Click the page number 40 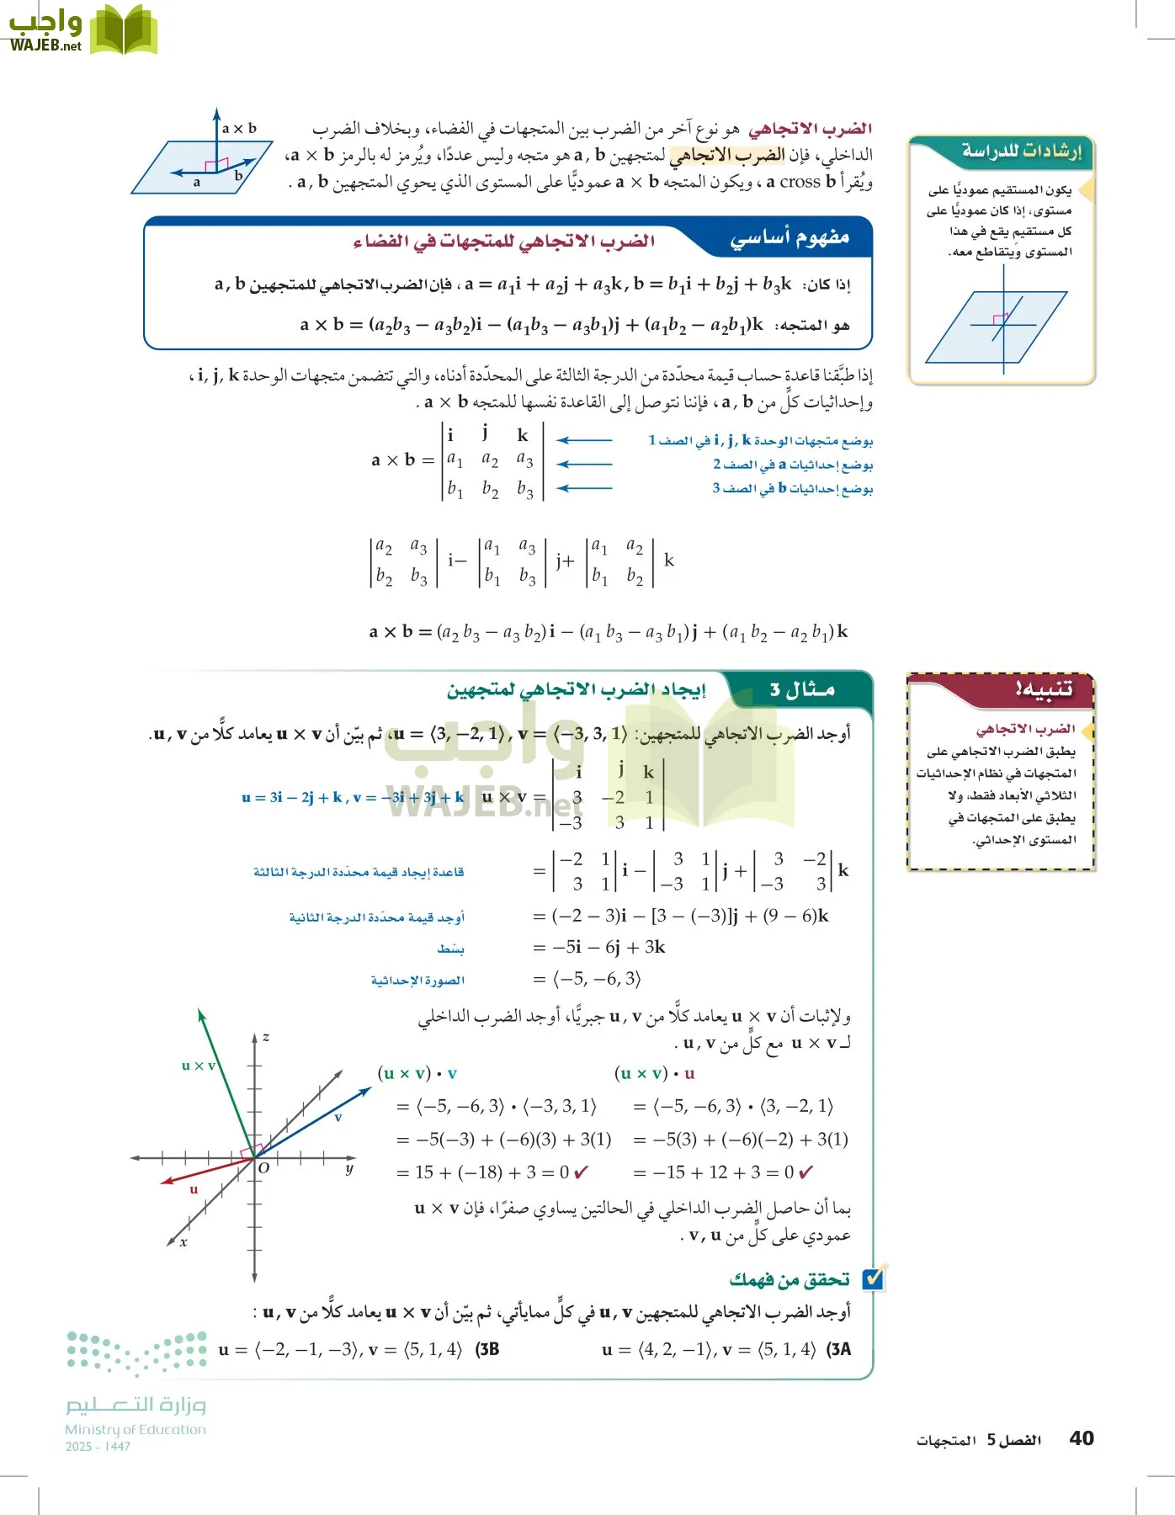coord(1081,1438)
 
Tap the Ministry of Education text coord(136,1429)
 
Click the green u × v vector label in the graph coord(199,1066)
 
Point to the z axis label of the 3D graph coord(266,1037)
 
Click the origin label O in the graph coord(263,1168)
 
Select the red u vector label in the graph coord(194,1189)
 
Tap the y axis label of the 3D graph coord(348,1169)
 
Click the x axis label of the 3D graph coord(183,1241)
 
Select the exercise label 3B coord(487,1350)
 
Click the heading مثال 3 coord(801,690)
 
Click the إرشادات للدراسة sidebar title coord(1021,151)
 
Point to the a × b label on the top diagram coord(239,129)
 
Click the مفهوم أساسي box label coord(790,239)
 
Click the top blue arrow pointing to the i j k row coord(584,440)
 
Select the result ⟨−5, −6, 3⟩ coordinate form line coord(598,979)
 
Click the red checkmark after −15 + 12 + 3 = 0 coord(805,1172)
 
